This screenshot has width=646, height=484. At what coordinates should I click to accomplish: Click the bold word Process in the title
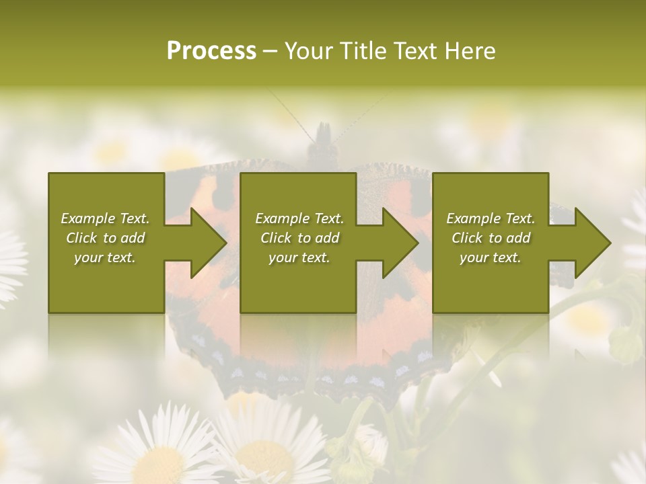click(211, 51)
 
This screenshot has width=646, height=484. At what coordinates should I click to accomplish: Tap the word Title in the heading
click(361, 51)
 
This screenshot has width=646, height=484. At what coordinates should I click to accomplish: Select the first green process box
click(106, 282)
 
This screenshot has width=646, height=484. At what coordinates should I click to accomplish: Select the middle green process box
click(298, 282)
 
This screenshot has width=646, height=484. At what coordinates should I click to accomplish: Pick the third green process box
click(490, 282)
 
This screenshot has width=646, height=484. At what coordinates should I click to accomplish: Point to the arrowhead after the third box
click(589, 243)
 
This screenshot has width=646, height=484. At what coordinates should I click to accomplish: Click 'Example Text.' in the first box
click(105, 218)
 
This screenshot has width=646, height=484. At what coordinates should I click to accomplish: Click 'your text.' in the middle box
click(299, 257)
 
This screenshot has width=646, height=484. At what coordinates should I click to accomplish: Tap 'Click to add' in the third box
click(491, 238)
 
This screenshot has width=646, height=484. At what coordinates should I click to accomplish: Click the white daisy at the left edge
click(10, 262)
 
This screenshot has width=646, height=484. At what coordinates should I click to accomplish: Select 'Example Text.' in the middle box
click(299, 218)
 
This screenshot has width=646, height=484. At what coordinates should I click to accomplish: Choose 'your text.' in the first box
click(105, 257)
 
